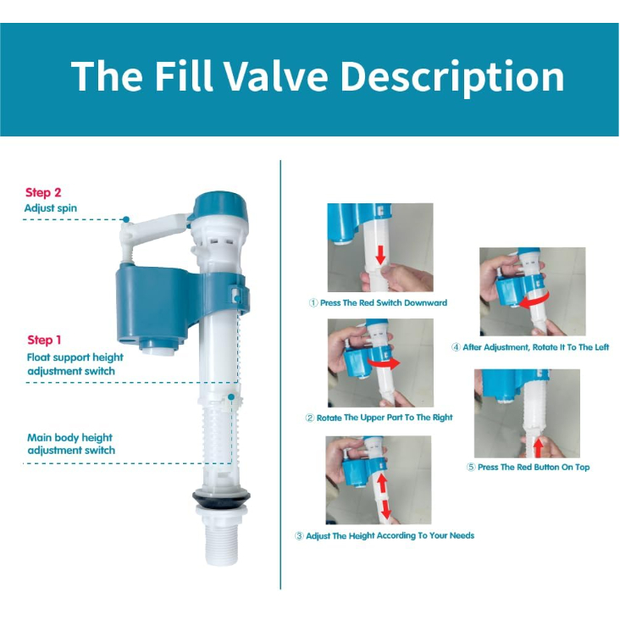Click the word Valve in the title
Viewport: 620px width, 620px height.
pyautogui.click(x=276, y=76)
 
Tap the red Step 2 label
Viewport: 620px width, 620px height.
pyautogui.click(x=43, y=192)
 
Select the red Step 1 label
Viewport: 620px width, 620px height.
pyautogui.click(x=44, y=340)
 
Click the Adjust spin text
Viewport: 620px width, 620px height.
pyautogui.click(x=51, y=208)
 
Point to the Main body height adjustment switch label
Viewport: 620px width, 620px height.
pyautogui.click(x=71, y=444)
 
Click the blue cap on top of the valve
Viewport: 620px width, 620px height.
pyautogui.click(x=220, y=206)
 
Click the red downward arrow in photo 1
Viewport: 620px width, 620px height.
pyautogui.click(x=380, y=255)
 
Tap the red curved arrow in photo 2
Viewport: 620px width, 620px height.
pyautogui.click(x=385, y=363)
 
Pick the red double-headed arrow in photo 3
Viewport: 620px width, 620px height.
pyautogui.click(x=383, y=495)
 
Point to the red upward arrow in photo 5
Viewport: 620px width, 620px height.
pyautogui.click(x=538, y=448)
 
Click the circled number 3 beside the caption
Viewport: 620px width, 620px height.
pyautogui.click(x=299, y=536)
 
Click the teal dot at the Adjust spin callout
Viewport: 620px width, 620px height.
pyautogui.click(x=126, y=219)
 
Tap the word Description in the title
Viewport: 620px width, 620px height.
pyautogui.click(x=452, y=77)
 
